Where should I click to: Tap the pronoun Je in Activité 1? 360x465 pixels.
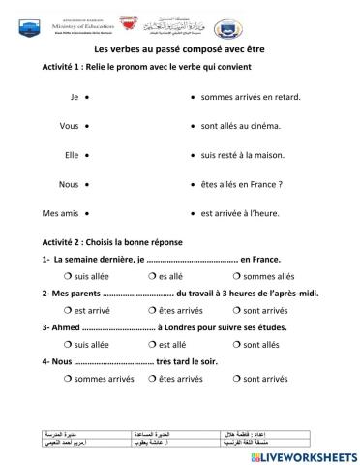[74, 97]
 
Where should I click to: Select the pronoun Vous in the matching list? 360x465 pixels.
[69, 126]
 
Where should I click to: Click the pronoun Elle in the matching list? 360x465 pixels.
[71, 154]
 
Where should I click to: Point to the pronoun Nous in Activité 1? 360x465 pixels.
[69, 183]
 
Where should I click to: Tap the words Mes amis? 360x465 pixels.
[59, 212]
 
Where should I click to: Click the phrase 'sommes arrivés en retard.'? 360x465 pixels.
[251, 97]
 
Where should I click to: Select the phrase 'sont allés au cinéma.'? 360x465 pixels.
[241, 126]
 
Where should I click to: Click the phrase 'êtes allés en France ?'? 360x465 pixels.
[241, 183]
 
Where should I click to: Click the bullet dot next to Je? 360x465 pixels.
[88, 97]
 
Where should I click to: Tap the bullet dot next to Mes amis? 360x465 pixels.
[88, 212]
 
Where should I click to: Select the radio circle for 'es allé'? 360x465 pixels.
[152, 276]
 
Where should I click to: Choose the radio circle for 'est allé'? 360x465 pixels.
[152, 344]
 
